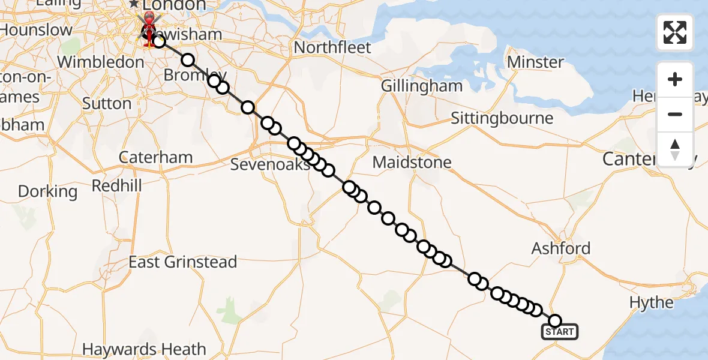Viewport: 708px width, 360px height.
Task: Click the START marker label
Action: pos(560,331)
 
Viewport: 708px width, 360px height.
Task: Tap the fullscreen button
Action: pos(675,32)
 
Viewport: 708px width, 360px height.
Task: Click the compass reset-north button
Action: pos(675,149)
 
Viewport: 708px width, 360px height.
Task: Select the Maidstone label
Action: pos(412,162)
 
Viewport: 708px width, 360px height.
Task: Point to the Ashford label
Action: pos(561,248)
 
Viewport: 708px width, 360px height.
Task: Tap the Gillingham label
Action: pos(422,86)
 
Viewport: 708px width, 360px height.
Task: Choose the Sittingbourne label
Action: pos(502,118)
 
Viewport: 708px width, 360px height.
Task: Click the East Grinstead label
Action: pos(183,262)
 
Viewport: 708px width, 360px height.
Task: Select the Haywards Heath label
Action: pos(144,349)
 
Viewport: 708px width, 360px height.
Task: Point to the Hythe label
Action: pos(652,302)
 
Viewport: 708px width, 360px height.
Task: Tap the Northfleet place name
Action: pos(332,47)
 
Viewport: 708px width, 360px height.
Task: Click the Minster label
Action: pos(535,62)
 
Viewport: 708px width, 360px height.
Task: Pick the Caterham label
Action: pos(155,157)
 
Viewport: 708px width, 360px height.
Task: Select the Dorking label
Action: pos(47,191)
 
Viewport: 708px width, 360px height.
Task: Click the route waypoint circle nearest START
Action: pos(556,321)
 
